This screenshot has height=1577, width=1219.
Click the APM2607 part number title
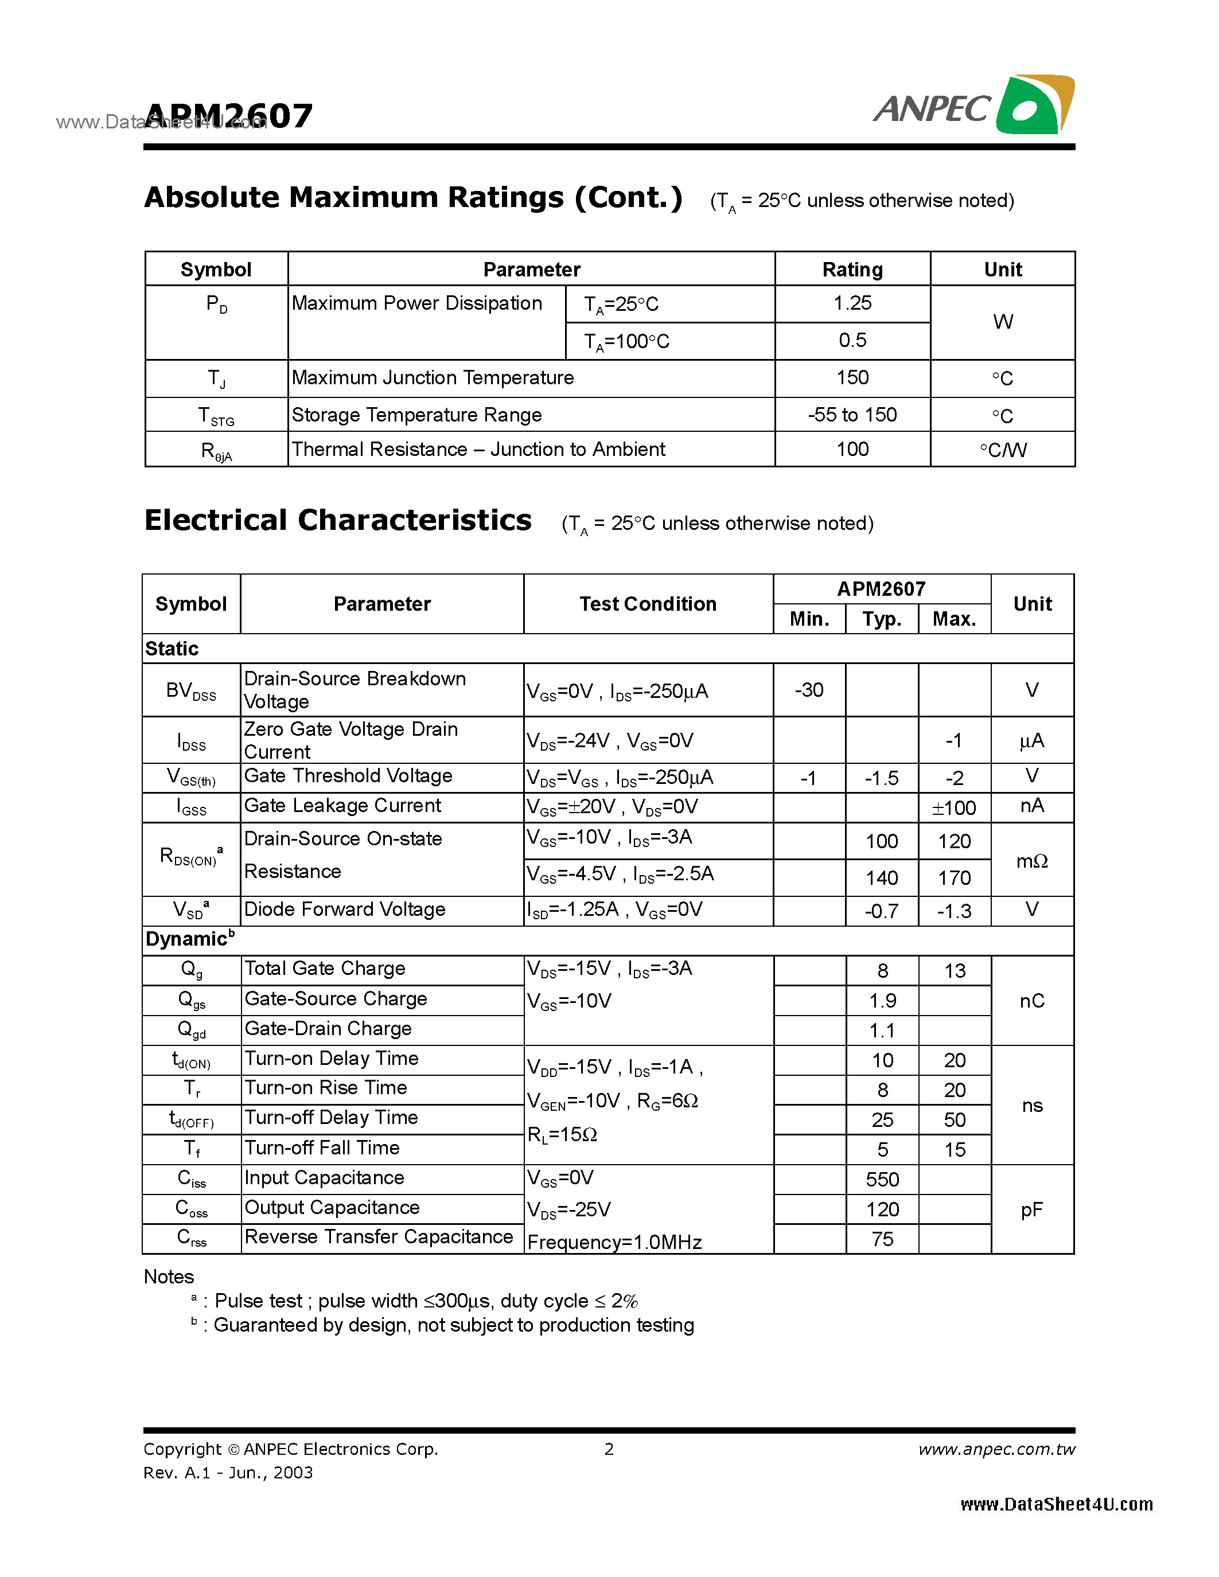tap(228, 115)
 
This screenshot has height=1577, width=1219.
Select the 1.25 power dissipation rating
tap(852, 303)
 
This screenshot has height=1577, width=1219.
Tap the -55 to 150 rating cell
tap(852, 415)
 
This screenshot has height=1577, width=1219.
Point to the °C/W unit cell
tap(1002, 450)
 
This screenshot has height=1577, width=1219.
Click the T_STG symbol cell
tap(216, 416)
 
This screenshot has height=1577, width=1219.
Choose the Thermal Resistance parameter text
tap(477, 449)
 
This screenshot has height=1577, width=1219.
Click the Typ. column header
tap(882, 619)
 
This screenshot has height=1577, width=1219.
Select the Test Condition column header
tap(648, 604)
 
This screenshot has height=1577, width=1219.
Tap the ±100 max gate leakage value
tap(954, 807)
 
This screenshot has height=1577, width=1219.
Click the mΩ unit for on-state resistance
tap(1031, 860)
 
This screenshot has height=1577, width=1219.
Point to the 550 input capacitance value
tap(882, 1179)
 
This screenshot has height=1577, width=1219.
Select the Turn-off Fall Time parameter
tap(322, 1147)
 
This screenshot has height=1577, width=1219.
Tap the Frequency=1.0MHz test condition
tap(614, 1242)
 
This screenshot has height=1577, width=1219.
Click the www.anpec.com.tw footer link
tap(996, 1449)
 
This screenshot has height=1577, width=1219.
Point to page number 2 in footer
tap(609, 1449)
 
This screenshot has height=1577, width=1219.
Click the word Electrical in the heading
tap(215, 520)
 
